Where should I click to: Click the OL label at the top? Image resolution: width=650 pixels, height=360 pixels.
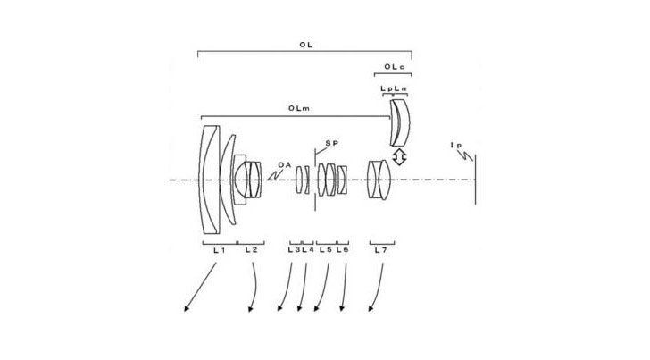pyautogui.click(x=305, y=45)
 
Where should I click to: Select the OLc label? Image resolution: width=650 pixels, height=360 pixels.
pyautogui.click(x=394, y=67)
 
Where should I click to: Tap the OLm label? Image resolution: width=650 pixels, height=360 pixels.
pyautogui.click(x=299, y=108)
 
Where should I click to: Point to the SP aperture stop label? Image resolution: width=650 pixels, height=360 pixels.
pyautogui.click(x=331, y=143)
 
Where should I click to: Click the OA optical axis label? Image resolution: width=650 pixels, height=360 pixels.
pyautogui.click(x=284, y=164)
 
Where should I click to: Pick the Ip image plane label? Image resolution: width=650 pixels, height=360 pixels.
pyautogui.click(x=456, y=146)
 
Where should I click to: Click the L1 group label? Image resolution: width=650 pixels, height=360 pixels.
pyautogui.click(x=220, y=250)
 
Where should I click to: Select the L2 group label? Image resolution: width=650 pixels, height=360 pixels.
pyautogui.click(x=251, y=250)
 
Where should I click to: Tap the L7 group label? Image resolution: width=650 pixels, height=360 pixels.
pyautogui.click(x=380, y=250)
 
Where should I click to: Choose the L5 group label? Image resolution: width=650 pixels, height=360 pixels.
pyautogui.click(x=325, y=250)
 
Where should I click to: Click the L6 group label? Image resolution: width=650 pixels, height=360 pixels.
pyautogui.click(x=343, y=250)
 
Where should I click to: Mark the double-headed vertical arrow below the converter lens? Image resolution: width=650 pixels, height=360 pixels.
pyautogui.click(x=399, y=157)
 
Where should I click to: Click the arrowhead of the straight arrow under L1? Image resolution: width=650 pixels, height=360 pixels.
pyautogui.click(x=187, y=308)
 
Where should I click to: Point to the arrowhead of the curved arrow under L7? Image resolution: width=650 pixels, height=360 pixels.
pyautogui.click(x=371, y=308)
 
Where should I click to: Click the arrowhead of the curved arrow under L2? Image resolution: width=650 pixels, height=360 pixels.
pyautogui.click(x=250, y=309)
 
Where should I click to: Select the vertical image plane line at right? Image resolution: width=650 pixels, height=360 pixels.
pyautogui.click(x=476, y=180)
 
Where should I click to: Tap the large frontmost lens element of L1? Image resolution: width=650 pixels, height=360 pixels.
pyautogui.click(x=210, y=180)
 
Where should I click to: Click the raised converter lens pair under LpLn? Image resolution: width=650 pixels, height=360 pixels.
pyautogui.click(x=400, y=122)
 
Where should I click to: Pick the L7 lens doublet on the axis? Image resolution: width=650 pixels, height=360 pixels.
pyautogui.click(x=379, y=180)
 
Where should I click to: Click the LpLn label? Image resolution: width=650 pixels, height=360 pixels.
pyautogui.click(x=394, y=88)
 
